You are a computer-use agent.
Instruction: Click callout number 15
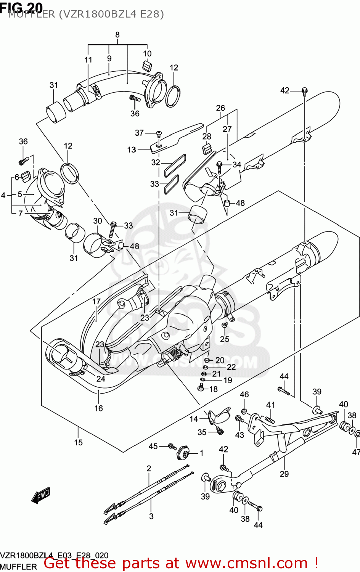pos(78,442)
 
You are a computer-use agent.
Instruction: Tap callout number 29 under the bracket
pos(284,474)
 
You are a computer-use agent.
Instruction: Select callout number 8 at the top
pos(117,35)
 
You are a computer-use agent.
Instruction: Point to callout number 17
pos(96,302)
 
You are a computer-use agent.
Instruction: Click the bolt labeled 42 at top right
pos(304,91)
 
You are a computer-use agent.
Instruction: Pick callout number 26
pos(220,108)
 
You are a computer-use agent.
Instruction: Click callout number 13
pos(132,149)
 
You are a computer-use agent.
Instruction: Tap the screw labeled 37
pos(159,133)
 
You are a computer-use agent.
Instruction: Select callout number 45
pos(153,446)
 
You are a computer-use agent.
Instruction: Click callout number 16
pos(99,408)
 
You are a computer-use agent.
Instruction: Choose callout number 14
pos(194,419)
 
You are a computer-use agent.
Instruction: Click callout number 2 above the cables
pos(149,468)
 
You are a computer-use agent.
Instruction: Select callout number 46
pos(244,394)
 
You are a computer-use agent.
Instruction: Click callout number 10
pos(147,54)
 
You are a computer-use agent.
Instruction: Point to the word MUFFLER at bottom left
pos(18,567)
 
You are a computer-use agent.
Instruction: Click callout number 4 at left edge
pos(3,195)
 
